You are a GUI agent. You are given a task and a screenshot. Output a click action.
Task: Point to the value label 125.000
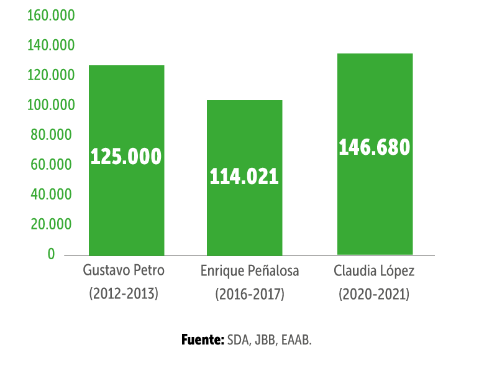(126, 157)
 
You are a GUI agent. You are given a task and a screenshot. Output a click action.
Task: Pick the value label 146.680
(375, 147)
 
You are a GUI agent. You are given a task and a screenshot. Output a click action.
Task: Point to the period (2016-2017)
(250, 294)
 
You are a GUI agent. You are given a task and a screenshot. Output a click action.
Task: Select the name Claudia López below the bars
(374, 272)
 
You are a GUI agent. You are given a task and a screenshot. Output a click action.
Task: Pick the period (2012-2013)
(124, 293)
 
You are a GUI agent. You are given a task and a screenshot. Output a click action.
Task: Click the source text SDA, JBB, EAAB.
(269, 341)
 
